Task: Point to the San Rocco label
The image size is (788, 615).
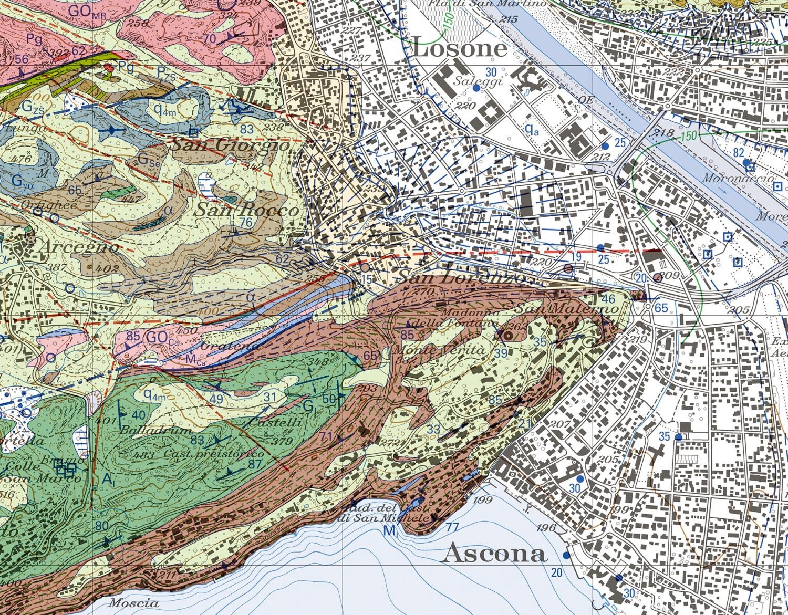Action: [247, 210]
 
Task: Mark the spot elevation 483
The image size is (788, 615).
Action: [144, 455]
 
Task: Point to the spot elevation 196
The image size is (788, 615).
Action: [546, 528]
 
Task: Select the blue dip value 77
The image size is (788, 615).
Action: [451, 527]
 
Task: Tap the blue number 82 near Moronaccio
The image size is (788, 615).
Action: [739, 153]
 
